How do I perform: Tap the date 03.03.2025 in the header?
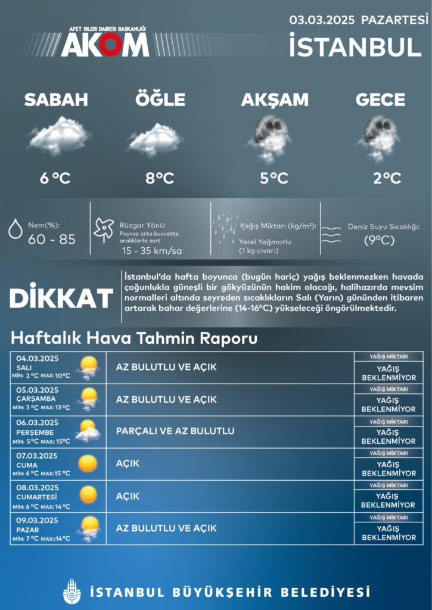(x=322, y=20)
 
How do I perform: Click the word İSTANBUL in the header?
(x=359, y=46)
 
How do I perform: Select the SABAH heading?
(x=56, y=99)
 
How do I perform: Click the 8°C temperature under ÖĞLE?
(x=160, y=178)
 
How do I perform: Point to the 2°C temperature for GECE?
(x=387, y=178)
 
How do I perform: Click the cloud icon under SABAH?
(x=59, y=135)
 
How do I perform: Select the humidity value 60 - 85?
(x=52, y=239)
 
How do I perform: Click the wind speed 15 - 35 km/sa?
(x=151, y=251)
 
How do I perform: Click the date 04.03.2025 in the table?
(x=37, y=359)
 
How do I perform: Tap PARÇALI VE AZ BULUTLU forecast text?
(x=175, y=431)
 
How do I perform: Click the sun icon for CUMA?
(x=88, y=463)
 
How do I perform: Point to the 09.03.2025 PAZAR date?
(x=37, y=520)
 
